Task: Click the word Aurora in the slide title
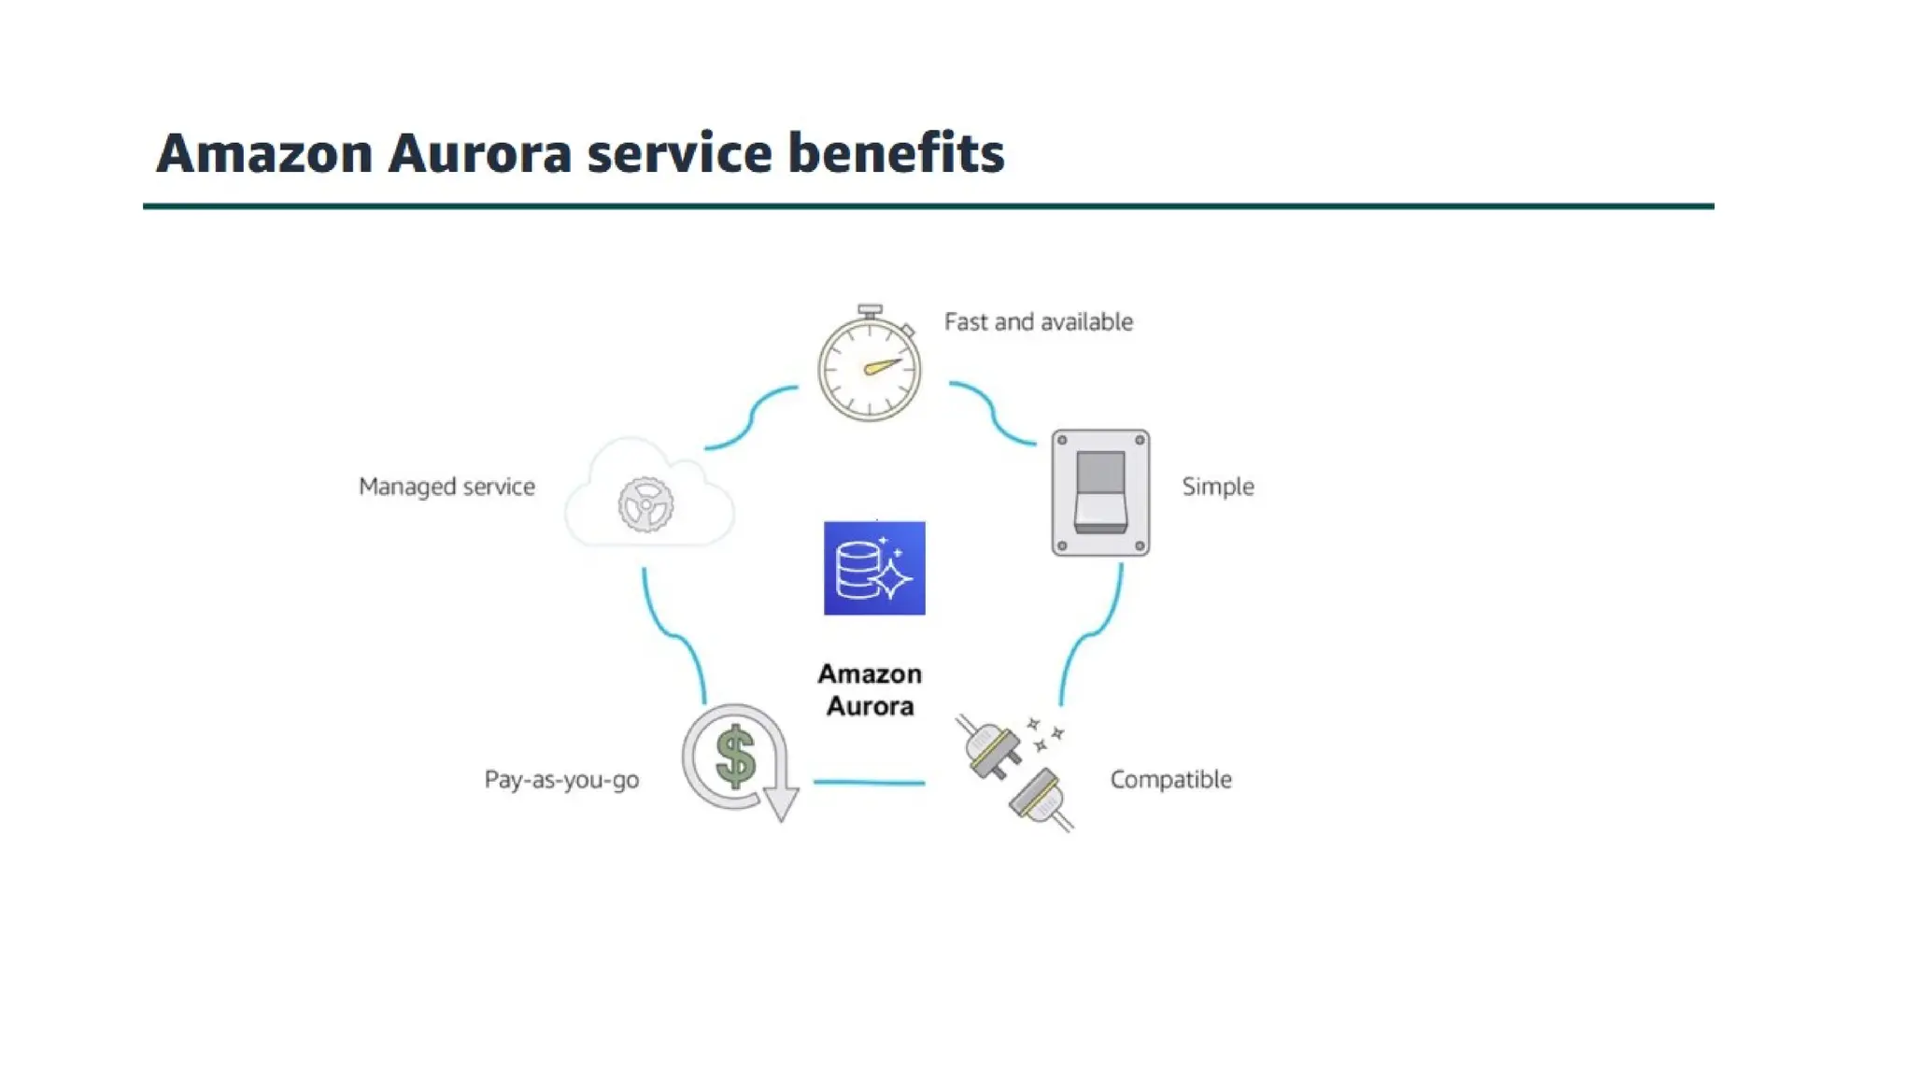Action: coord(479,153)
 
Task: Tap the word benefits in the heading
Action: coord(896,153)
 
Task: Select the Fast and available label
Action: coord(1038,322)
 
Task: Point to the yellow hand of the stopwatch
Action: coord(882,366)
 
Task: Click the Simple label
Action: coord(1217,487)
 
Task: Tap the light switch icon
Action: coord(1100,492)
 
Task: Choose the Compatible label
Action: coord(1170,780)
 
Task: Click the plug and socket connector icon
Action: coord(1014,772)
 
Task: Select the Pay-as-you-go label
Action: coord(561,780)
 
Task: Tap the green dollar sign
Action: coord(735,757)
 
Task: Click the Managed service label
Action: coord(446,487)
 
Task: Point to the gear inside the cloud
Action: coord(645,505)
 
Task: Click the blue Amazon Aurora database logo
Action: coord(874,568)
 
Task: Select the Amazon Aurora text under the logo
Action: coord(870,690)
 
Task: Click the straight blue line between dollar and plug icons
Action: coord(869,782)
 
